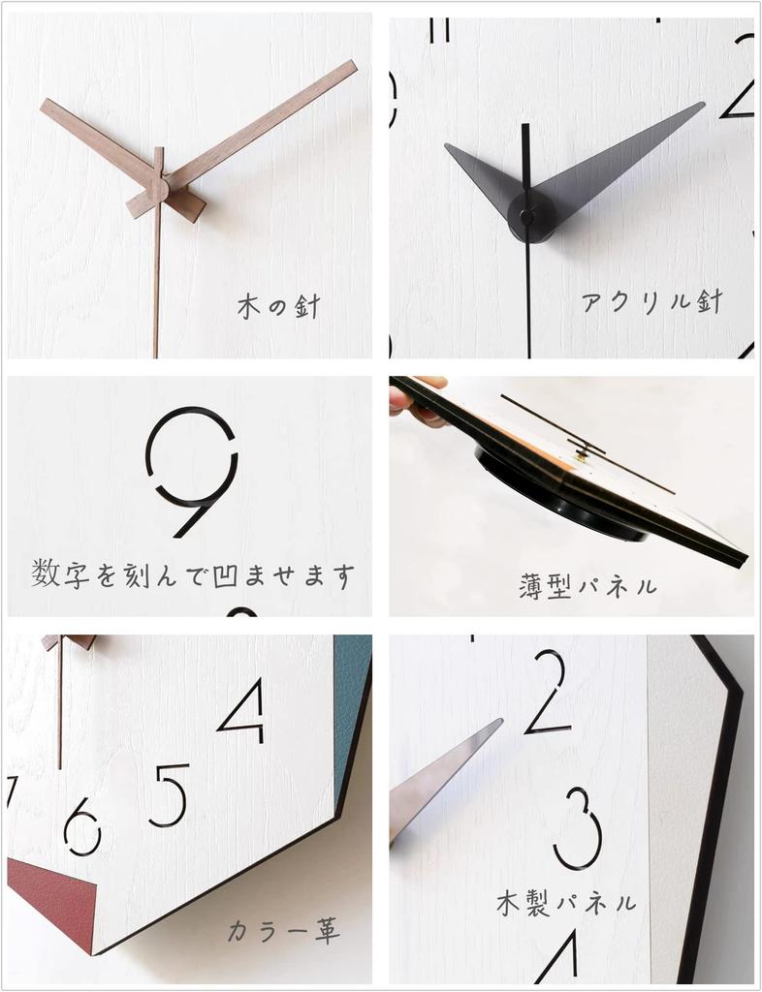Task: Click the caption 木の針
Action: (x=278, y=307)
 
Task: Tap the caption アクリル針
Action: (x=652, y=301)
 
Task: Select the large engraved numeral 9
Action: (x=193, y=470)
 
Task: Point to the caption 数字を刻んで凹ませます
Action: (x=192, y=574)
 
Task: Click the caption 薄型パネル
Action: (x=588, y=585)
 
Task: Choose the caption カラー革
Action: (x=284, y=932)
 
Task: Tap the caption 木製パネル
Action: (x=567, y=903)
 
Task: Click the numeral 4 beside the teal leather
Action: (x=242, y=710)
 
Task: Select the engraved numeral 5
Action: (x=170, y=794)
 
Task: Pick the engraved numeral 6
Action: (x=83, y=826)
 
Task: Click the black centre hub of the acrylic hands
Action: (x=529, y=215)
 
